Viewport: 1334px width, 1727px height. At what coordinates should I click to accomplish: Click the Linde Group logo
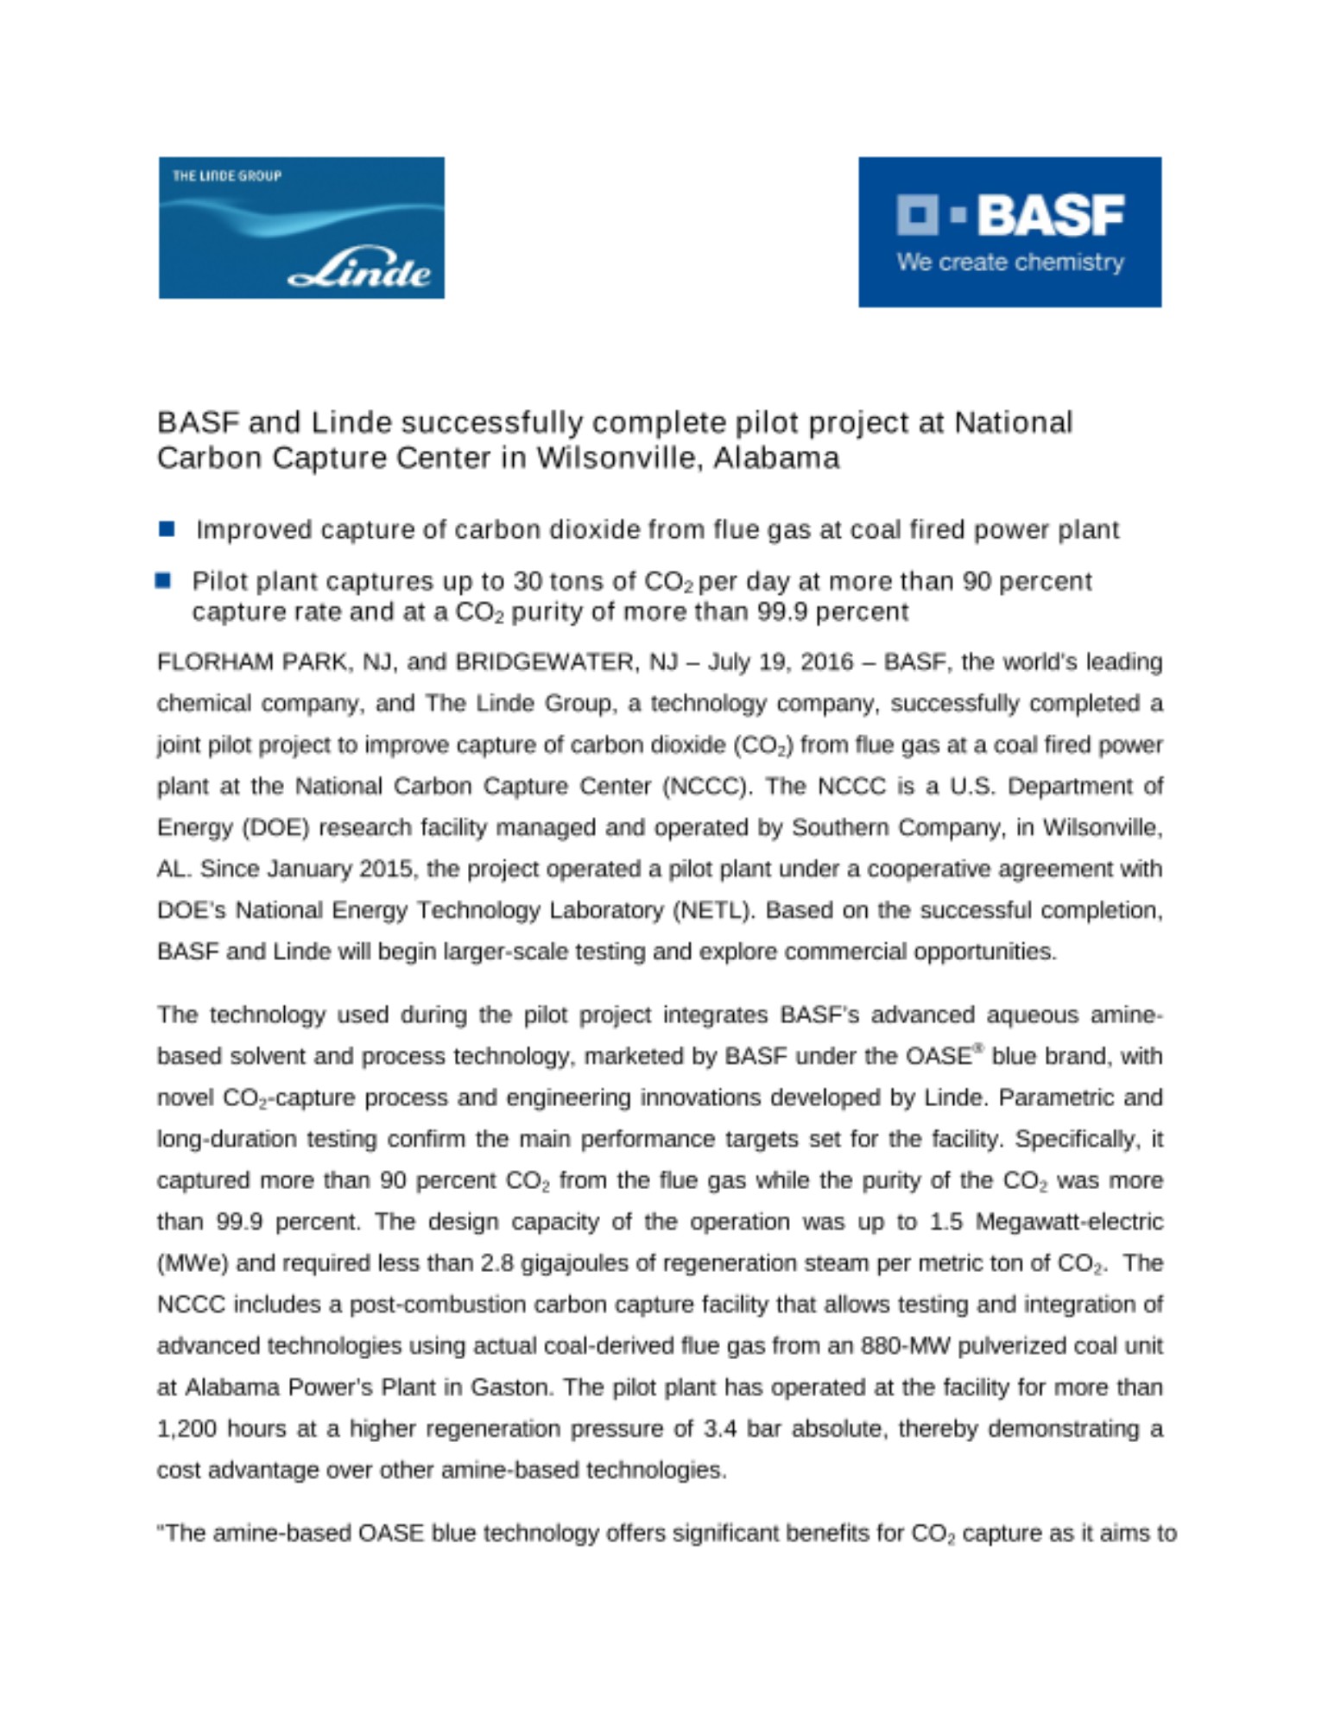[301, 228]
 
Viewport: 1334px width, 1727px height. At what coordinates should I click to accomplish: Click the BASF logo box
[1009, 231]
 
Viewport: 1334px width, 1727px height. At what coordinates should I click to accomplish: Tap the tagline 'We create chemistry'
[1010, 262]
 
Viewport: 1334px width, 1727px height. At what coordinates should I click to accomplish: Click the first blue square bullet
[167, 528]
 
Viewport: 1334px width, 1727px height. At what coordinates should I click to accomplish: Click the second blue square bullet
[163, 580]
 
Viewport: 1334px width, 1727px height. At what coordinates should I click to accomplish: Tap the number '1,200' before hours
[187, 1429]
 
